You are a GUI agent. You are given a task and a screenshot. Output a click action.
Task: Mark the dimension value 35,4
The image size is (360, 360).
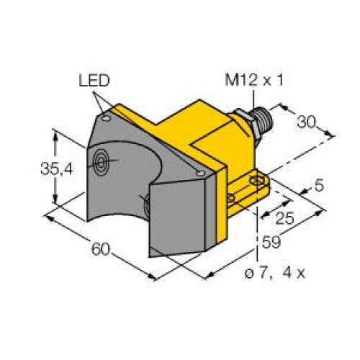pos(37,170)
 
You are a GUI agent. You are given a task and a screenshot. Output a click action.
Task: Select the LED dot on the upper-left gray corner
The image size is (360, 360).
pos(106,113)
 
